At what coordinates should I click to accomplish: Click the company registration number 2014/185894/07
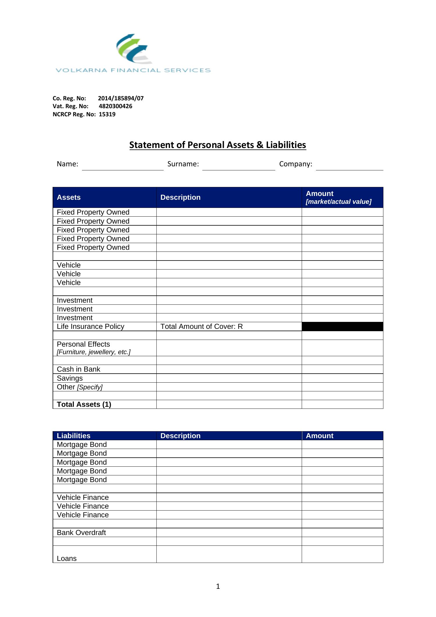(x=121, y=98)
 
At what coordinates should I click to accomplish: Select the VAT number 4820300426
(x=115, y=106)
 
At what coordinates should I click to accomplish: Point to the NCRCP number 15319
(x=107, y=114)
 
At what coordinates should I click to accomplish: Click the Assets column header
(x=69, y=197)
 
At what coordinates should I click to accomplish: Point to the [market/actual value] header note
(x=339, y=202)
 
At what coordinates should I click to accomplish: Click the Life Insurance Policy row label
(x=90, y=327)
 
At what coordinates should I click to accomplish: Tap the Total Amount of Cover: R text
(x=201, y=327)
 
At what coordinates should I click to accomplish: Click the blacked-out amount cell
(x=342, y=327)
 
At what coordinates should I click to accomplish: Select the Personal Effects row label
(x=83, y=344)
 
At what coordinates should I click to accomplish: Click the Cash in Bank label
(x=78, y=369)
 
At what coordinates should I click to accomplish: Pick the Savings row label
(x=70, y=378)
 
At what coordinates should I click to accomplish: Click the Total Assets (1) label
(x=84, y=404)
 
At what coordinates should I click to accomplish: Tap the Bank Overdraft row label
(x=81, y=533)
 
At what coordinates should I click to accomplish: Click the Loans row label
(x=67, y=559)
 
